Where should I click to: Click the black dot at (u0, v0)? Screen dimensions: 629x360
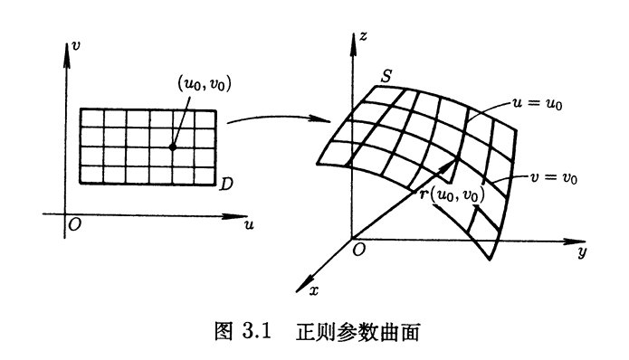(x=173, y=147)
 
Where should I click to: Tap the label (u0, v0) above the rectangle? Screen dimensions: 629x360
(x=205, y=83)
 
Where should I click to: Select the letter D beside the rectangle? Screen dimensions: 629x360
(x=226, y=184)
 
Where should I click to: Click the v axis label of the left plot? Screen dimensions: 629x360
(x=75, y=45)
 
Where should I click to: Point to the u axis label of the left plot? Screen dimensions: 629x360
(x=249, y=225)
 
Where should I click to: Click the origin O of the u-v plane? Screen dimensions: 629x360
(x=74, y=225)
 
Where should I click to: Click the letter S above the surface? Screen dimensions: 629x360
(x=386, y=75)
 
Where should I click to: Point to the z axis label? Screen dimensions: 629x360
(x=363, y=37)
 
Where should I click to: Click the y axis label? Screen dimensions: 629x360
(x=583, y=251)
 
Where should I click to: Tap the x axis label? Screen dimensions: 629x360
(x=314, y=290)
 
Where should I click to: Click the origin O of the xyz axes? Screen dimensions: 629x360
(x=358, y=250)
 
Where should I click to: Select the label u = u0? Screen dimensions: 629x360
(x=537, y=103)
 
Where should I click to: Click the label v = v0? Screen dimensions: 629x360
(x=554, y=177)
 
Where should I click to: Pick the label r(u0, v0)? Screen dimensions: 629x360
(x=453, y=194)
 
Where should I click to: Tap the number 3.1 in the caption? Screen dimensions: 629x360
(x=257, y=332)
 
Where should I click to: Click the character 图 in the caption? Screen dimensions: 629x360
(x=224, y=332)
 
